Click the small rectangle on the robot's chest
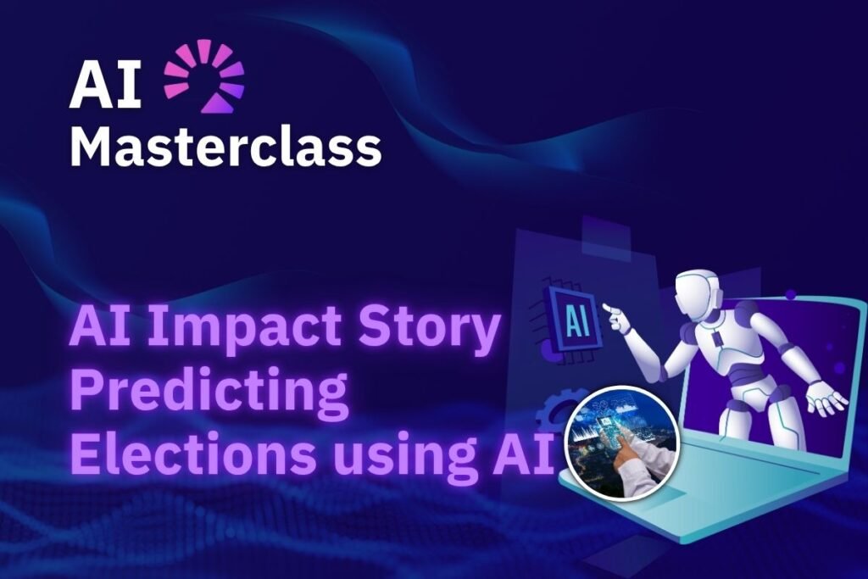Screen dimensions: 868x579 [719, 339]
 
